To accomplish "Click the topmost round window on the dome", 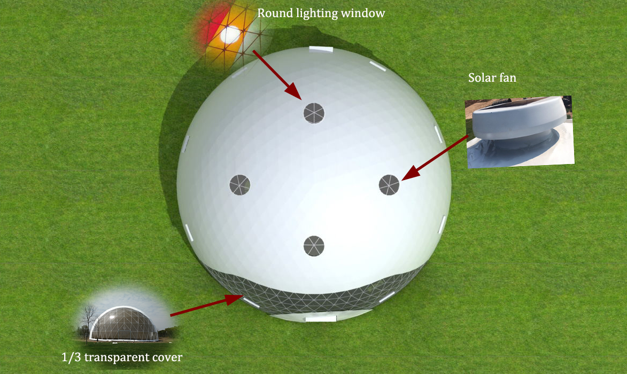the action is pyautogui.click(x=314, y=113).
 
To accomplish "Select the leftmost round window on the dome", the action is pyautogui.click(x=240, y=185).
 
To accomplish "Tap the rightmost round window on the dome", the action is pyautogui.click(x=389, y=185).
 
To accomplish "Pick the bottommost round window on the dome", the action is pyautogui.click(x=314, y=246).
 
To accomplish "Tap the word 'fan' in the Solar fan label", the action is pyautogui.click(x=507, y=77).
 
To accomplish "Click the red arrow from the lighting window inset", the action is pyautogui.click(x=277, y=75).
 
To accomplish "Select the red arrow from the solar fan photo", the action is pyautogui.click(x=435, y=158).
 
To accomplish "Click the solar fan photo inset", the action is pyautogui.click(x=520, y=132).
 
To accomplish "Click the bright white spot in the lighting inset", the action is pyautogui.click(x=230, y=35).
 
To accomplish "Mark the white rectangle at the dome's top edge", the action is pyautogui.click(x=321, y=49).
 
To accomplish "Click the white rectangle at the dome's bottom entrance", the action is pyautogui.click(x=321, y=319).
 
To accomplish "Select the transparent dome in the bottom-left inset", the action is pyautogui.click(x=124, y=324).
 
